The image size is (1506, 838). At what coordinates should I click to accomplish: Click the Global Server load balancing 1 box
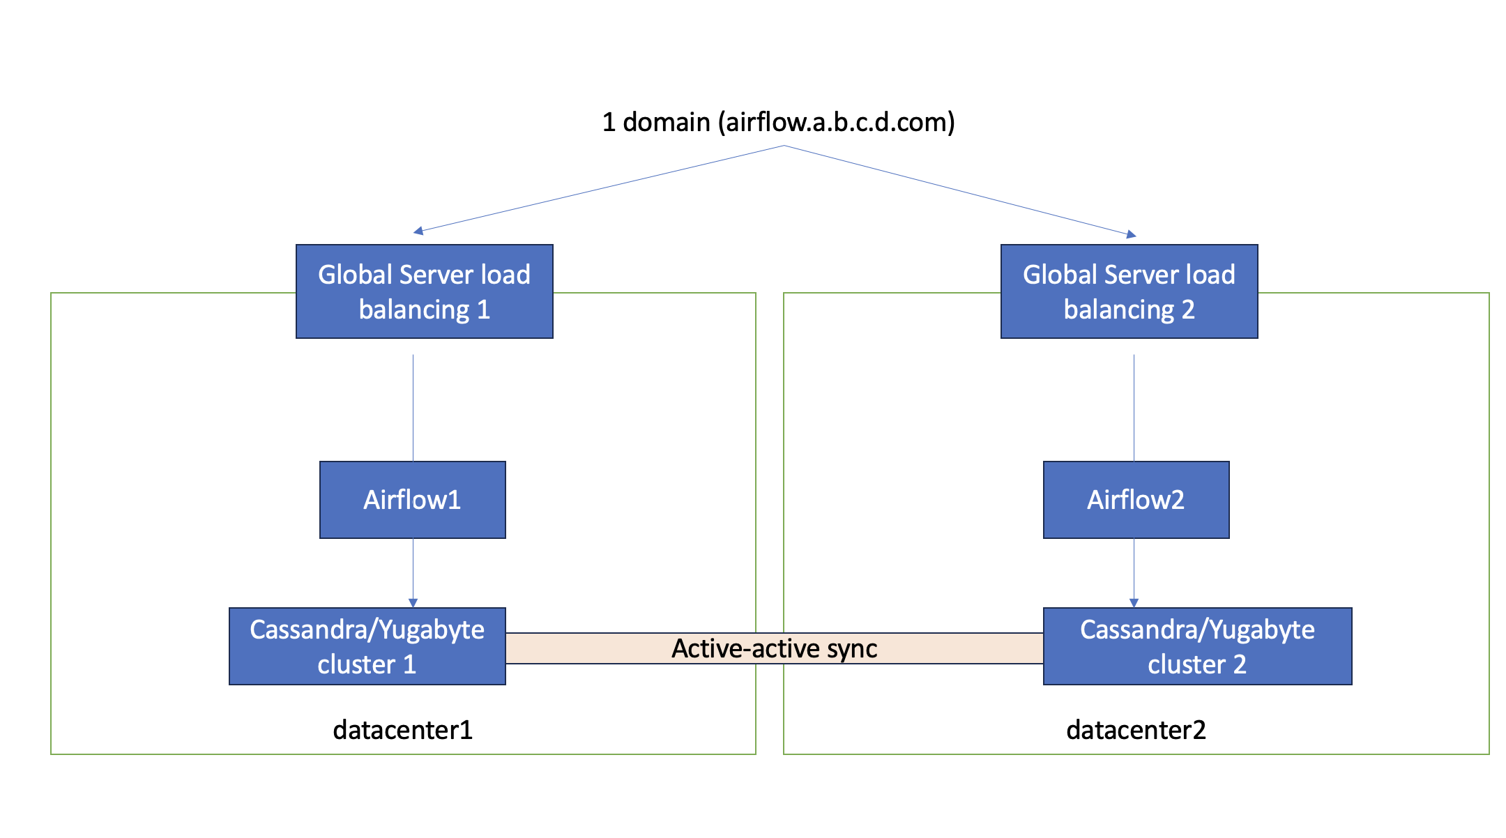point(424,291)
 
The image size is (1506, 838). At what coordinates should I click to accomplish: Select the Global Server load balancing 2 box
point(1129,291)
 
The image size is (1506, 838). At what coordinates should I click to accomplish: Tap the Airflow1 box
point(412,500)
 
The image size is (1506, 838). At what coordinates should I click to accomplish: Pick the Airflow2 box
point(1136,500)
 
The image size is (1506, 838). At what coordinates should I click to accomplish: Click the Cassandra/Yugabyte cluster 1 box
point(367,646)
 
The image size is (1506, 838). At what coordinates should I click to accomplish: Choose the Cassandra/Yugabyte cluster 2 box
point(1197,646)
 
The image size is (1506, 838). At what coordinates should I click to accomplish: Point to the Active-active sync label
point(774,648)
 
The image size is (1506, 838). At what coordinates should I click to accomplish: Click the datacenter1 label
point(403,730)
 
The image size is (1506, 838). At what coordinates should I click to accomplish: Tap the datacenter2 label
point(1136,730)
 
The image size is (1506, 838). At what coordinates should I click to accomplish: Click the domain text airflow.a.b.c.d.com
point(837,122)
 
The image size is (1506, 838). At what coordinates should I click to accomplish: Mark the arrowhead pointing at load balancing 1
point(418,231)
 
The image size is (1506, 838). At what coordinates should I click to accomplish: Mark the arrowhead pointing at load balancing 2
point(1132,235)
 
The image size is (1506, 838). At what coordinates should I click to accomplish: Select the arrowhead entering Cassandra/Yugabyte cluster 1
point(413,602)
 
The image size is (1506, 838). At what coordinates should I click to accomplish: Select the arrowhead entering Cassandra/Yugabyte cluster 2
point(1134,602)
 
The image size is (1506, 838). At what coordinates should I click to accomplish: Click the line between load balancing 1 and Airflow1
point(413,408)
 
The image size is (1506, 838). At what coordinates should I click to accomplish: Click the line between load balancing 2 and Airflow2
point(1134,408)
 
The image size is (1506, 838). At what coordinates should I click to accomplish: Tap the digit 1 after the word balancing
point(484,310)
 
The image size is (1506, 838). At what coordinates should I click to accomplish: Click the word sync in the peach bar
point(852,649)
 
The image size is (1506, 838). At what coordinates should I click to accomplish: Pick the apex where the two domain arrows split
point(784,146)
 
